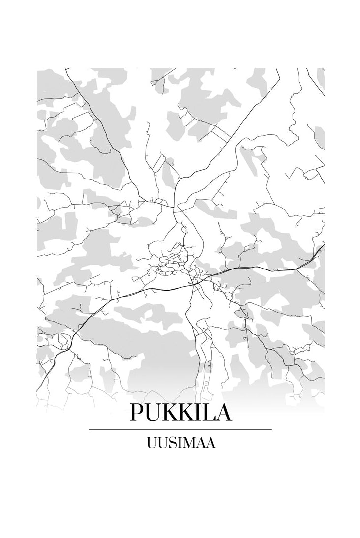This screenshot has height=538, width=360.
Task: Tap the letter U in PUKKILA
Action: point(154,414)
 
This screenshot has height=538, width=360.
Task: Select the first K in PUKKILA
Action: point(172,413)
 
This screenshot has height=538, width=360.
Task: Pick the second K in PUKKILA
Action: point(189,413)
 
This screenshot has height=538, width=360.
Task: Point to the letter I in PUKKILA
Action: point(202,413)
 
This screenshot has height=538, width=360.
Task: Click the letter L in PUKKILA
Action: point(211,413)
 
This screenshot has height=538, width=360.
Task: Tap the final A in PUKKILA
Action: point(225,413)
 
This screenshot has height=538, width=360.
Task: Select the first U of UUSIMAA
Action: point(151,443)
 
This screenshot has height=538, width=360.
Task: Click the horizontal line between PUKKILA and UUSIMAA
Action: point(180,429)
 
